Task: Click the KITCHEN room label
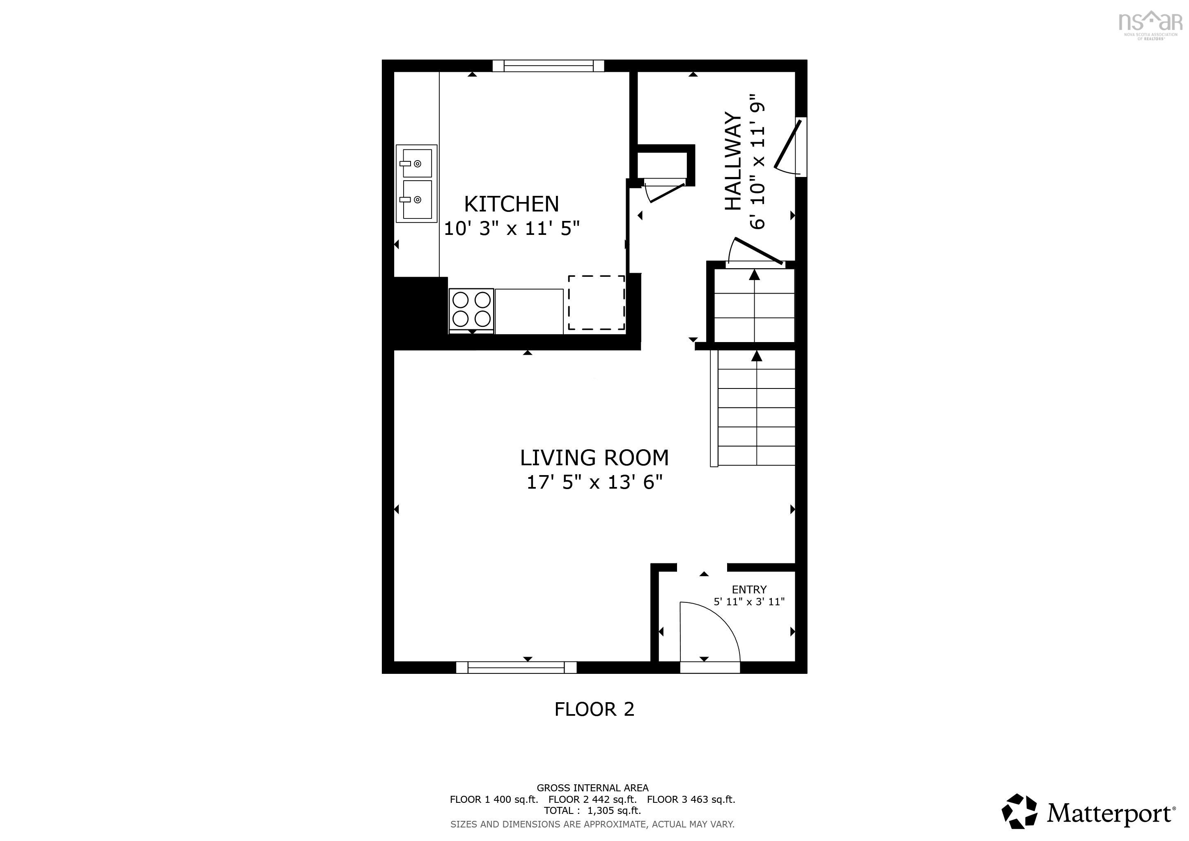[x=511, y=204]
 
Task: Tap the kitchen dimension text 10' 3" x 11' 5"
[x=511, y=228]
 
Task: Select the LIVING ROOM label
[x=594, y=458]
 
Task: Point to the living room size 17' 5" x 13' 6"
[x=594, y=483]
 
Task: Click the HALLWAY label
[x=732, y=161]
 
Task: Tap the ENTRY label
[x=749, y=589]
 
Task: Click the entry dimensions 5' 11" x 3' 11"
[x=749, y=602]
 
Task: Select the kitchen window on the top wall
[x=548, y=66]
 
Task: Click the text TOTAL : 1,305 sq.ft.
[x=592, y=811]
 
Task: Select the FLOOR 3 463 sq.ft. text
[x=691, y=800]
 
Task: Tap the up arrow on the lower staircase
[x=757, y=357]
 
